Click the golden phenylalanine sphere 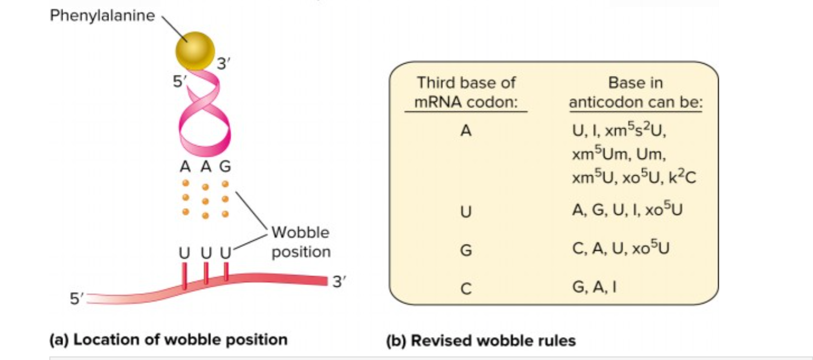[x=195, y=50]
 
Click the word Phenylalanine [x=102, y=16]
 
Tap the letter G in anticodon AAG [x=225, y=167]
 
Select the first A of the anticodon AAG [x=185, y=167]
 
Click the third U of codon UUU [x=225, y=253]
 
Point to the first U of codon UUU [x=184, y=253]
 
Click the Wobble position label [x=301, y=242]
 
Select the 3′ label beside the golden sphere [x=223, y=64]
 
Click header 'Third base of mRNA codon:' [x=466, y=92]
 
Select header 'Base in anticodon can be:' [x=635, y=92]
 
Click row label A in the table [x=466, y=131]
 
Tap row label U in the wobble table [x=466, y=211]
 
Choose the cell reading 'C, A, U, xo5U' [x=620, y=248]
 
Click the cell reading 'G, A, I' [x=594, y=287]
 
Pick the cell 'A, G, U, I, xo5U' [x=627, y=210]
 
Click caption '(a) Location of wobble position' [x=169, y=340]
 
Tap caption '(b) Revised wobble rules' [x=481, y=341]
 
